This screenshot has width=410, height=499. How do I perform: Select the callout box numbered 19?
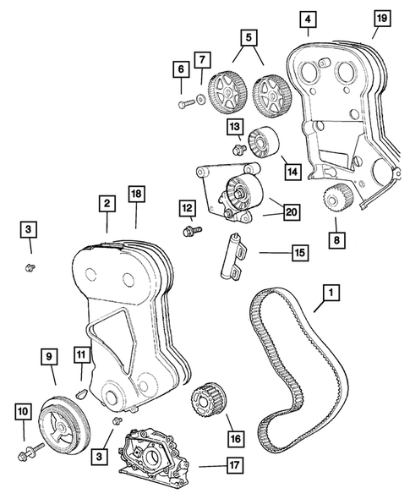pos(381,18)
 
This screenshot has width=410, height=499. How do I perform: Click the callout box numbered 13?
pos(235,127)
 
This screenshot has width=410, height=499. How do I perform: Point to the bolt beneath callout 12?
pos(189,229)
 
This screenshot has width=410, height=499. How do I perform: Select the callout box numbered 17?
pos(231,463)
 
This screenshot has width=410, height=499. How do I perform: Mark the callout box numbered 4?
pos(309,18)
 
